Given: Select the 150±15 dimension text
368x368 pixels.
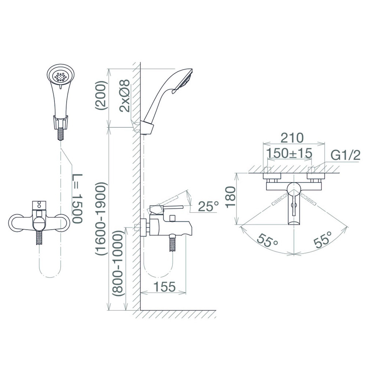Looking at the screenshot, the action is pyautogui.click(x=290, y=153).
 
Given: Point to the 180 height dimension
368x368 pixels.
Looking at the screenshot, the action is pyautogui.click(x=230, y=196).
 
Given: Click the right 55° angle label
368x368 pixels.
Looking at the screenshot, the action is pyautogui.click(x=323, y=240).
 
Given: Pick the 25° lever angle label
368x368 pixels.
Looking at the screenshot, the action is pyautogui.click(x=208, y=206).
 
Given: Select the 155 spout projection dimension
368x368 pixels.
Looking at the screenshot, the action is pyautogui.click(x=164, y=286).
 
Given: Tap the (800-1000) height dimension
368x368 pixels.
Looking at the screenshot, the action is pyautogui.click(x=118, y=263).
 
